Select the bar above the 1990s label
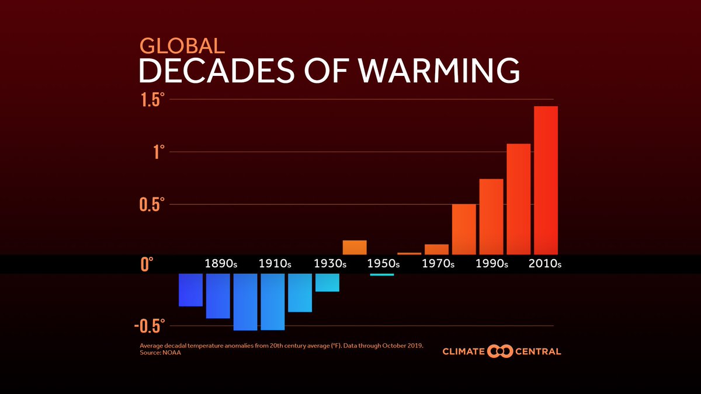[491, 216]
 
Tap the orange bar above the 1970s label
[436, 249]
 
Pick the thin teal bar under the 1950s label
[382, 274]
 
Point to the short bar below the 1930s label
[327, 283]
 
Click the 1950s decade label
[383, 264]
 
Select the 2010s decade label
[544, 264]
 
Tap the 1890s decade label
[221, 264]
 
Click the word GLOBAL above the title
[182, 46]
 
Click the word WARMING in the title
[438, 71]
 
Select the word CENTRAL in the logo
[538, 351]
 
